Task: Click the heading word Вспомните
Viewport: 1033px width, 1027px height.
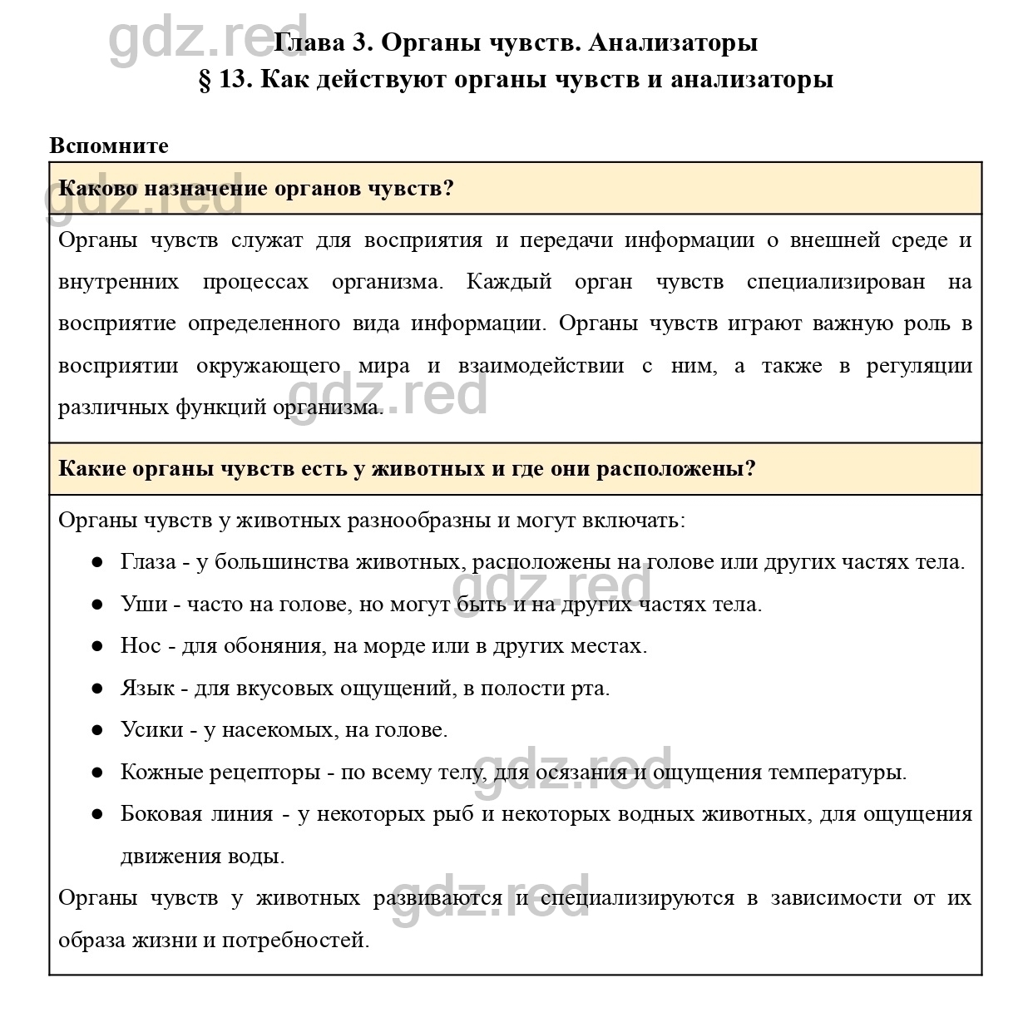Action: click(x=109, y=146)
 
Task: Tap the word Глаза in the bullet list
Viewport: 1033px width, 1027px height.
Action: click(x=148, y=562)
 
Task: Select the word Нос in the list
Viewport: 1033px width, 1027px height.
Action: click(x=141, y=645)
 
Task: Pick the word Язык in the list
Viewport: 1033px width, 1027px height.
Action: click(x=147, y=688)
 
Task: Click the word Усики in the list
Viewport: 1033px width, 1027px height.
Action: click(x=151, y=729)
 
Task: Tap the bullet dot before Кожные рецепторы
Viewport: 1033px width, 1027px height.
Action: click(x=97, y=772)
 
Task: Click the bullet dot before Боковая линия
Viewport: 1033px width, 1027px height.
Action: click(x=97, y=813)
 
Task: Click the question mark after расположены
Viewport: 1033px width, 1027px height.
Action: click(x=750, y=468)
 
